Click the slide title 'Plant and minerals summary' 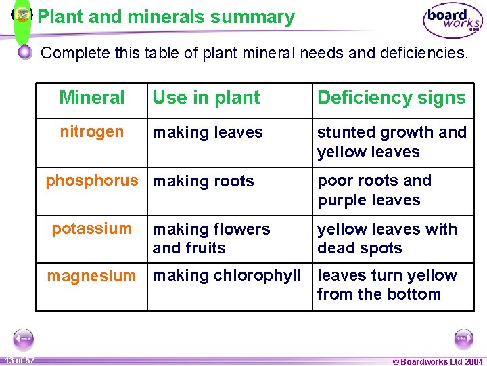[166, 17]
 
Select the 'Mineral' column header [92, 98]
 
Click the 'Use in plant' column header [206, 98]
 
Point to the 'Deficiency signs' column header [392, 98]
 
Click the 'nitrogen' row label [92, 131]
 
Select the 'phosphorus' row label [92, 180]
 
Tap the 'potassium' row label [92, 228]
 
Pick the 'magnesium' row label [91, 276]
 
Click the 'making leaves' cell [208, 133]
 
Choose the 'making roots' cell [204, 181]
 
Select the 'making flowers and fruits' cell [211, 239]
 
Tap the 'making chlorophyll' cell [227, 275]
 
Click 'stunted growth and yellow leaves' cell [392, 142]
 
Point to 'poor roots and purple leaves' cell [374, 190]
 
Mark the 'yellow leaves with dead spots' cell [387, 239]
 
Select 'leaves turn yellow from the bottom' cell [387, 285]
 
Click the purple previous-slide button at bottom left [24, 338]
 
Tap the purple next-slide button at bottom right [463, 338]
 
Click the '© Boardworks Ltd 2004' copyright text [438, 361]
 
